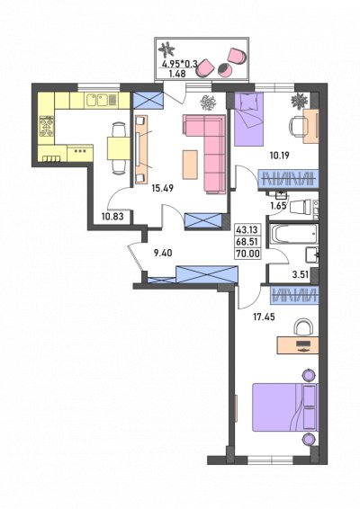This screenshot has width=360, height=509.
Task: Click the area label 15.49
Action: pos(163,188)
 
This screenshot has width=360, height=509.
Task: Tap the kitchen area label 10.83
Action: pos(112,216)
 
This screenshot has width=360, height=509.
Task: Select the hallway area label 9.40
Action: pos(163,253)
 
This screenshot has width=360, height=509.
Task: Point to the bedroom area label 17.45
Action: pos(264,317)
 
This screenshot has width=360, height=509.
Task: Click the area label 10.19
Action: pos(279,156)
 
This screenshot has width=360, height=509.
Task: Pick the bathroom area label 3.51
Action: pos(301,275)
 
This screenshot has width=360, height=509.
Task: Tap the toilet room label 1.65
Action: pos(278,206)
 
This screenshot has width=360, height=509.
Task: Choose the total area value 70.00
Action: pos(247,254)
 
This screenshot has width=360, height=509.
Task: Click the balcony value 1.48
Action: pos(177,74)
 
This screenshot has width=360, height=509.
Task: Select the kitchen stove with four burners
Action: pos(47,126)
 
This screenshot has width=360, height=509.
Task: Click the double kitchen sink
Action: pos(102,100)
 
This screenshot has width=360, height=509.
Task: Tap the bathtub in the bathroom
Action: pos(294,234)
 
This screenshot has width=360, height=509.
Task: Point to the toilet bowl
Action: pos(301,207)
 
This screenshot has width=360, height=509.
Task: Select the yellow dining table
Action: pos(117,148)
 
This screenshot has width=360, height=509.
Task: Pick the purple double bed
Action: pos(285,407)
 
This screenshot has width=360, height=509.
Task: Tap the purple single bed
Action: pos(249,119)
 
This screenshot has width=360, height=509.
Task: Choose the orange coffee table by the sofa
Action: pos(190,165)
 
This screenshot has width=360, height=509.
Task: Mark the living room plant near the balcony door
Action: pos(208,103)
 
